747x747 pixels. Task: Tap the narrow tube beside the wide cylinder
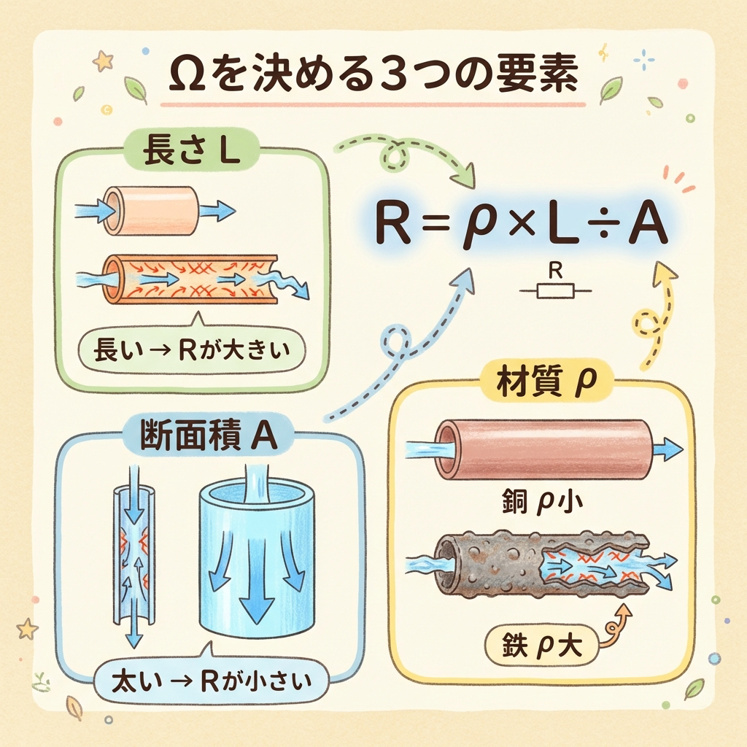(133, 554)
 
